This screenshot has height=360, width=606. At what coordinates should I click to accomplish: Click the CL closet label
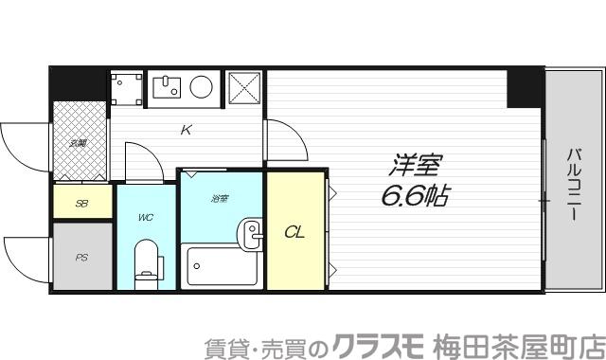point(294,230)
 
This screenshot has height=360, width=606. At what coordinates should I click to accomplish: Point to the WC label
point(145,218)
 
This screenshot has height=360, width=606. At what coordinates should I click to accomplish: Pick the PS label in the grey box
point(80,256)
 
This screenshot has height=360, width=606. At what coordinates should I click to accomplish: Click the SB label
point(81,203)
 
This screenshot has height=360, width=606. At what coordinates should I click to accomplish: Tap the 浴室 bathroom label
point(220,198)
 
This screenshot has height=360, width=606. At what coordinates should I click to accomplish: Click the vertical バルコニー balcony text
point(574,185)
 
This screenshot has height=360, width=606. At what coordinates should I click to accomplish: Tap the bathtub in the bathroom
point(222,268)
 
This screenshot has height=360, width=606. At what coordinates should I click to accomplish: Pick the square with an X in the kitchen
point(244,87)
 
